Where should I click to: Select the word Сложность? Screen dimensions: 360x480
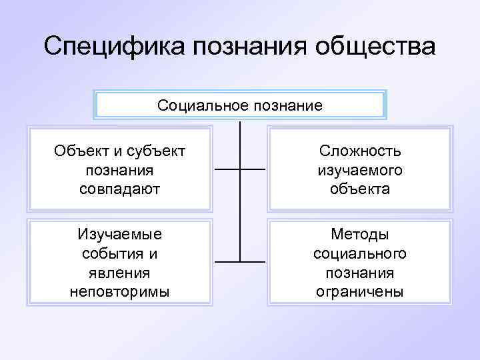tap(360, 151)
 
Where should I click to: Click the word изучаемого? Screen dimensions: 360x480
tap(360, 170)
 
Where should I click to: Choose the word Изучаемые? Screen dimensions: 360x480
tap(120, 235)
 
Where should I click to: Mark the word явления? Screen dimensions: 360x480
tap(120, 273)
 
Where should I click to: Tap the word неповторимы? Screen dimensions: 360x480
tap(120, 291)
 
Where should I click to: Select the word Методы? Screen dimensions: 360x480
tap(360, 235)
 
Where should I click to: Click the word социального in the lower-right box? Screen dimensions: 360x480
tap(360, 254)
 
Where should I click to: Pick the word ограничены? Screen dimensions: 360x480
tap(360, 291)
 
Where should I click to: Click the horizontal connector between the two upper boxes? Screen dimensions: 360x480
tap(240, 169)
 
